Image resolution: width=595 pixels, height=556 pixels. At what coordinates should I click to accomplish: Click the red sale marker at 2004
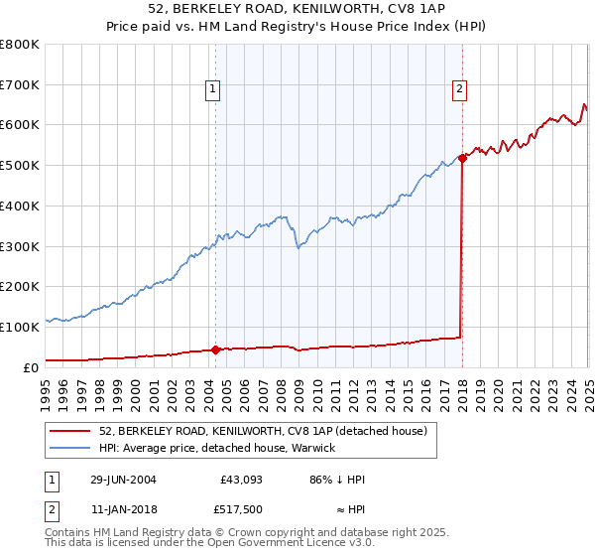click(216, 348)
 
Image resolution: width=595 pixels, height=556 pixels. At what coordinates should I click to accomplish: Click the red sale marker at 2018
click(462, 157)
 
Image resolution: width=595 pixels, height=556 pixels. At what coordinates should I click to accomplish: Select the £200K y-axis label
click(21, 286)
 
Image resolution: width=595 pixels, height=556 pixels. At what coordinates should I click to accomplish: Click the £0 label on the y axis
click(31, 367)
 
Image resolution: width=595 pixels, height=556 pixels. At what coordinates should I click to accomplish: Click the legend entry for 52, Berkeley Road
click(263, 431)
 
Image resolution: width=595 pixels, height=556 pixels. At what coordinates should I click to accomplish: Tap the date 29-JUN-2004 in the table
click(123, 480)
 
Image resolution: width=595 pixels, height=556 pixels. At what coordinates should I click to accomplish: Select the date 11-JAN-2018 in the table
click(123, 512)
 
